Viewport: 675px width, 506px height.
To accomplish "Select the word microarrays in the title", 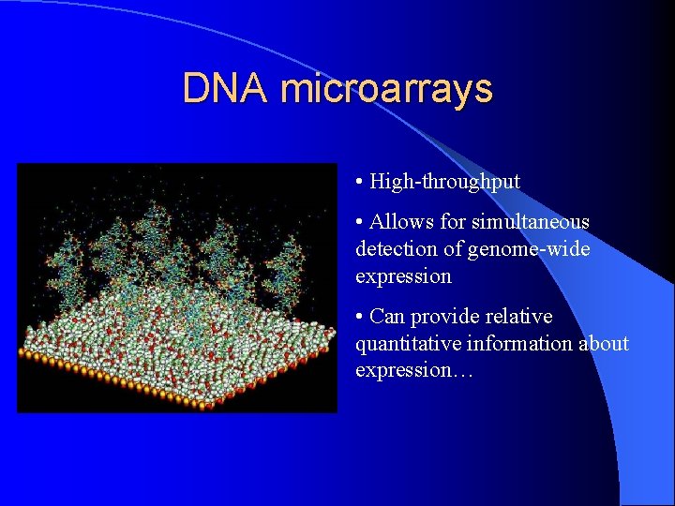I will click(x=385, y=89).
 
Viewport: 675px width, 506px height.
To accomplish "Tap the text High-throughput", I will click(x=444, y=181).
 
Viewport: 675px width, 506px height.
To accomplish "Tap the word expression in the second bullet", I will click(x=403, y=276).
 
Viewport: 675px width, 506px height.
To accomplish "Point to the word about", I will click(x=606, y=344).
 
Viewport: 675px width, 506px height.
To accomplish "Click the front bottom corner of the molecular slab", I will click(x=202, y=404).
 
